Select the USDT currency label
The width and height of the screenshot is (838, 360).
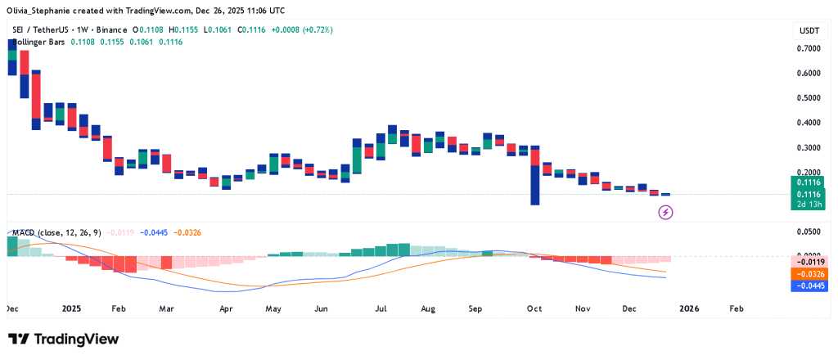pos(809,30)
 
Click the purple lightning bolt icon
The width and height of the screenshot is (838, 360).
pos(666,213)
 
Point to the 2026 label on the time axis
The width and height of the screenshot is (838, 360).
pos(688,309)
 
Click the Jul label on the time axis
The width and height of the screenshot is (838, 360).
pos(381,309)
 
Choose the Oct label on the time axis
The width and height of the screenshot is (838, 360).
pos(534,309)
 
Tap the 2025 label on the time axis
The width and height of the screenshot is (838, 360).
pos(71,309)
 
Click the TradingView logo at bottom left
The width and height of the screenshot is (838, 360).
pos(63,339)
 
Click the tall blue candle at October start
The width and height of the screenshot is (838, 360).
pos(534,185)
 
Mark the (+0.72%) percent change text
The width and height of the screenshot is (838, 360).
pos(317,29)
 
